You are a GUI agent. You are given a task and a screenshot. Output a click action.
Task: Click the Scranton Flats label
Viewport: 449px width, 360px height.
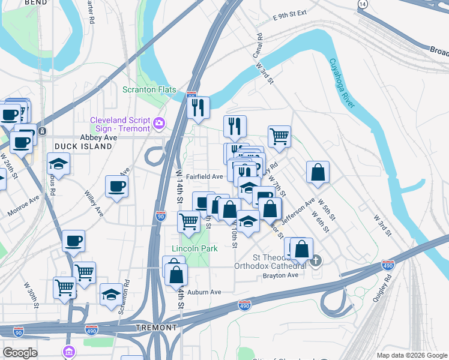click(149, 90)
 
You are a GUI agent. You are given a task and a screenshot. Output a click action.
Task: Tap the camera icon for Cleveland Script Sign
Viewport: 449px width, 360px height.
click(158, 124)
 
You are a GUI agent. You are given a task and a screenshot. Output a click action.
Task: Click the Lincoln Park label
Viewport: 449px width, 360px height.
click(194, 248)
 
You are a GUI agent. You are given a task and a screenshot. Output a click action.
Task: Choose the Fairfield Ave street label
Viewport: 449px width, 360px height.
click(204, 177)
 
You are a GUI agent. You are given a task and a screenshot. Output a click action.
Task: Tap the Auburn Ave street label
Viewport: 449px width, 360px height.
click(204, 292)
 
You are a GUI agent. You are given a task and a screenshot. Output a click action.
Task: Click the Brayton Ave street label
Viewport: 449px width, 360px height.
click(280, 275)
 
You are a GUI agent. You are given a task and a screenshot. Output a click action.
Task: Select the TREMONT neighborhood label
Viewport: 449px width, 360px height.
click(157, 328)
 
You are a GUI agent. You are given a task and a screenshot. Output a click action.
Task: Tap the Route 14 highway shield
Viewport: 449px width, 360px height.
click(362, 4)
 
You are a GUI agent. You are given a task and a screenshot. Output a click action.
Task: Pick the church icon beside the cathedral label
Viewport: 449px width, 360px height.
click(316, 260)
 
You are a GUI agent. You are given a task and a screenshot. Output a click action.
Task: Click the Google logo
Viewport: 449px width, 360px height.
click(20, 353)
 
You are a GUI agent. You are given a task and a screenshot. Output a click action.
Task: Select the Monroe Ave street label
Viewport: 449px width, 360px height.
click(23, 206)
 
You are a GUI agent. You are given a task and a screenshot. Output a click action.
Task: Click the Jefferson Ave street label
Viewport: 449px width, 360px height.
click(298, 211)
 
